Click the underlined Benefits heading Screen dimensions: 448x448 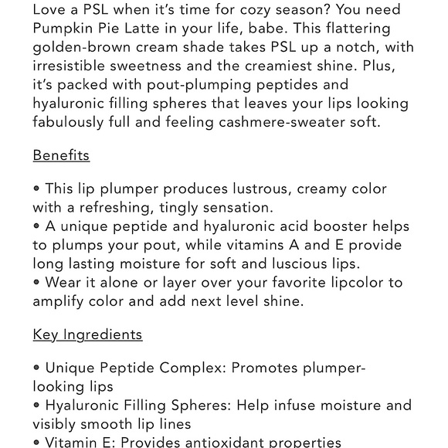click(61, 155)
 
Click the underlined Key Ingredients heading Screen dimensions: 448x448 click(87, 334)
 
